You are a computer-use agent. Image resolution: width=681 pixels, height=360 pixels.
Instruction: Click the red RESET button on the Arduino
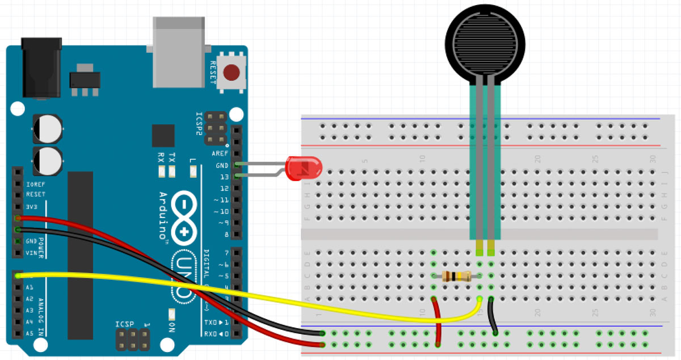231,73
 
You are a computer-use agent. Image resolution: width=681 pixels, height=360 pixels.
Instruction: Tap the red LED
304,169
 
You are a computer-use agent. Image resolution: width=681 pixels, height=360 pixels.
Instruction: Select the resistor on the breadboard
456,277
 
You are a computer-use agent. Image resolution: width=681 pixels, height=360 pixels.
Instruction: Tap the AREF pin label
220,154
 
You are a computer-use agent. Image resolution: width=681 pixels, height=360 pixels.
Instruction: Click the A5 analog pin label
30,334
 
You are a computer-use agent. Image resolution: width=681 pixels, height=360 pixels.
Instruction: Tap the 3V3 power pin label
32,207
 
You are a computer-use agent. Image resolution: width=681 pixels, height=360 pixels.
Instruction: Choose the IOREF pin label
35,185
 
